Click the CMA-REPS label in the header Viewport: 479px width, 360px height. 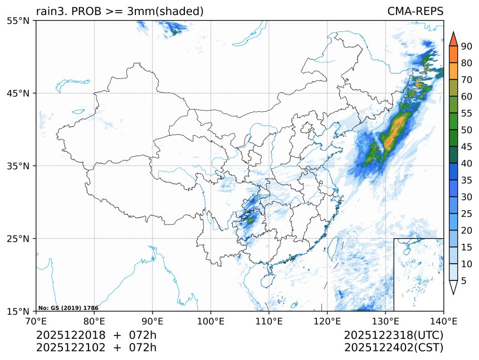tap(415, 11)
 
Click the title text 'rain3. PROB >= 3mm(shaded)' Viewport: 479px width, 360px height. tap(119, 11)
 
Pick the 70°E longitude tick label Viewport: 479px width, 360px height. tap(36, 320)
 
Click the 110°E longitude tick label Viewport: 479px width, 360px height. tap(269, 320)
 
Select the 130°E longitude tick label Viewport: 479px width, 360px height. tap(385, 320)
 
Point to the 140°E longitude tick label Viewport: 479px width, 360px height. tap(443, 320)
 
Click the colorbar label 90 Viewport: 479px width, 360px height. tap(467, 46)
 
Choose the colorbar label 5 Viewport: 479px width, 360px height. tap(464, 280)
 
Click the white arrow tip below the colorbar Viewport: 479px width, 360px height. tap(453, 288)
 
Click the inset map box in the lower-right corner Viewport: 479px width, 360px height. tap(418, 274)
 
